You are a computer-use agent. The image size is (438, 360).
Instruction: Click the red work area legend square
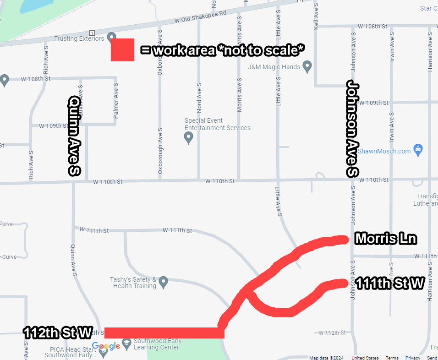point(122,50)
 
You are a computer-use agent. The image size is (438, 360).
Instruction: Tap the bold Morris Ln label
point(386,239)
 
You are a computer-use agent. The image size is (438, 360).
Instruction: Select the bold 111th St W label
point(390,284)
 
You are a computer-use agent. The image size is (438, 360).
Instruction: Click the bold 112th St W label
point(58,333)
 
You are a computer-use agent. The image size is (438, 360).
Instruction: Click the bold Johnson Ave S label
point(352,129)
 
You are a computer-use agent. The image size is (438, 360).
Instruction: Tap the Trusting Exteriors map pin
point(111,37)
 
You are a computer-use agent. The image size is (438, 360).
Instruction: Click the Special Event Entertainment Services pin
point(188,137)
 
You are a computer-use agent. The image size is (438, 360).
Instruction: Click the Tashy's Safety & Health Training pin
point(163,282)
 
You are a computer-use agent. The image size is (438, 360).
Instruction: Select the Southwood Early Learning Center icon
point(126,342)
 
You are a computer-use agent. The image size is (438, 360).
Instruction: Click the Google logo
point(106,346)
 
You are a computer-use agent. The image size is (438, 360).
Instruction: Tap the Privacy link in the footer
point(412,358)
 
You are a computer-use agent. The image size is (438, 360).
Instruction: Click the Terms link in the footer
point(392,358)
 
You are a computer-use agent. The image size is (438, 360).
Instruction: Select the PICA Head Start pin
point(103,353)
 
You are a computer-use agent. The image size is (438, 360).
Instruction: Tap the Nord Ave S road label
point(199,98)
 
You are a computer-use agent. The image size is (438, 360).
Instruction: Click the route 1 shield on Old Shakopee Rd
point(93,33)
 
